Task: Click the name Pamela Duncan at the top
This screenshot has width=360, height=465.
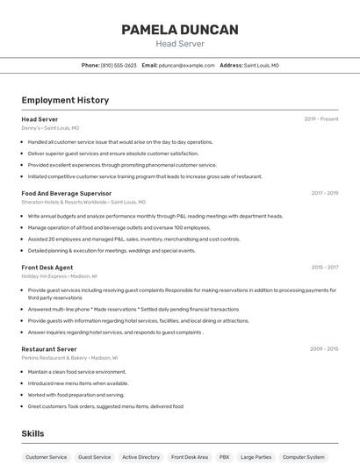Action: pyautogui.click(x=179, y=30)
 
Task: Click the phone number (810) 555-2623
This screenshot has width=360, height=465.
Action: pyautogui.click(x=119, y=65)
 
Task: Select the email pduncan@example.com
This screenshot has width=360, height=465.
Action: pyautogui.click(x=186, y=65)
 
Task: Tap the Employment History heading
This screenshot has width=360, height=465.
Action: pyautogui.click(x=65, y=100)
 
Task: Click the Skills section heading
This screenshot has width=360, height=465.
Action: pyautogui.click(x=32, y=433)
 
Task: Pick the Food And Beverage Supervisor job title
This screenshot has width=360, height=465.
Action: pyautogui.click(x=67, y=193)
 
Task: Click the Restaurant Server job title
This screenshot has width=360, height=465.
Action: pyautogui.click(x=49, y=349)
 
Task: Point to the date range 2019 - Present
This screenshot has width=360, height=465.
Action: pyautogui.click(x=321, y=119)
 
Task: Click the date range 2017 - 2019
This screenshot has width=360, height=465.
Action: pyautogui.click(x=324, y=193)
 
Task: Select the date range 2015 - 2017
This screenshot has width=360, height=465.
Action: pyautogui.click(x=324, y=267)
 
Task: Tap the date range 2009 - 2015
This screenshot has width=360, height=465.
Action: pyautogui.click(x=324, y=349)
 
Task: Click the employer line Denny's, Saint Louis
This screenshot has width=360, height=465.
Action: pyautogui.click(x=50, y=128)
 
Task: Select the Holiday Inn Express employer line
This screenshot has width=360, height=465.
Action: pyautogui.click(x=59, y=275)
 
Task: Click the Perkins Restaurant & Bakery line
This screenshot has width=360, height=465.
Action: pyautogui.click(x=67, y=358)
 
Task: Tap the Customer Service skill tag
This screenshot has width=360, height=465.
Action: pyautogui.click(x=46, y=457)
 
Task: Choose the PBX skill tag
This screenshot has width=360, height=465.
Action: pyautogui.click(x=224, y=457)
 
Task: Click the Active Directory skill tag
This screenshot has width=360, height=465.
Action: pyautogui.click(x=140, y=457)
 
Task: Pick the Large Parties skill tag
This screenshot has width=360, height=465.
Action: pyautogui.click(x=256, y=457)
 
